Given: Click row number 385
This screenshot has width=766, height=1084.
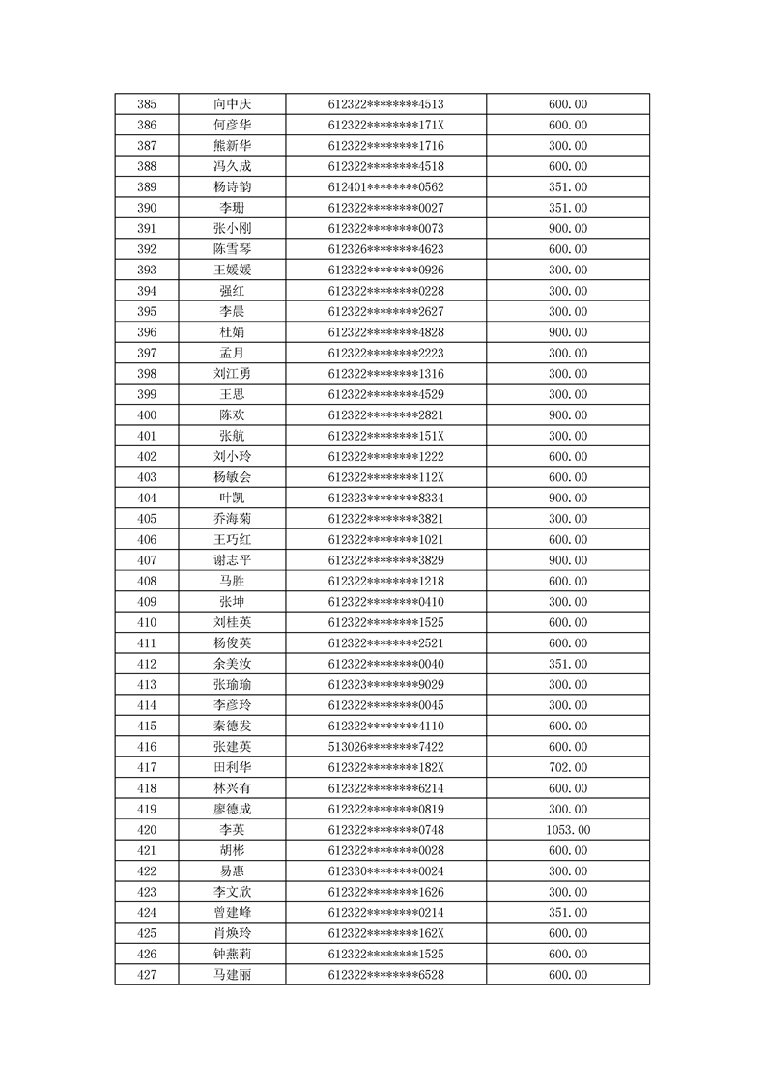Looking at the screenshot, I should click(147, 104).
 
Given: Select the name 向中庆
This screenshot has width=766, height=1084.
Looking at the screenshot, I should click(234, 104).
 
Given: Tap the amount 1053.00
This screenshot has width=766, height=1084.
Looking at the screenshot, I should click(568, 830).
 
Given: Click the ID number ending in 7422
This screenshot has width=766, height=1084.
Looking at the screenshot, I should click(385, 747).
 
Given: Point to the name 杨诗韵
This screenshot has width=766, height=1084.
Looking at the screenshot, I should click(234, 187).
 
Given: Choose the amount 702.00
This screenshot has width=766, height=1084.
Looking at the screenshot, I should click(568, 767).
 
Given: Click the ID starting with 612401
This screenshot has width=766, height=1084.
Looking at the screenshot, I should click(385, 187).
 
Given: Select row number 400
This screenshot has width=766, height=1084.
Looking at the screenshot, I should click(147, 414).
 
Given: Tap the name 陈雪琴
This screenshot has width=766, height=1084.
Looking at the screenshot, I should click(234, 249).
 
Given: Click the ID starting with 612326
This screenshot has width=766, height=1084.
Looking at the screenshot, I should click(385, 249).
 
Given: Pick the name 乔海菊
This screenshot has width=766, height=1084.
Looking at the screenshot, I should click(234, 519).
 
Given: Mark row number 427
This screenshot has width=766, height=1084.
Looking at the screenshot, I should click(147, 975).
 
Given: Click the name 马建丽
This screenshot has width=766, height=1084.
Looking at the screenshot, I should click(234, 975).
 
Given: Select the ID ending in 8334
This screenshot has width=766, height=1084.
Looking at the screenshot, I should click(385, 498).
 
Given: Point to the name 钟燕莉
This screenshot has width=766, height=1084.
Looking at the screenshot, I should click(234, 955).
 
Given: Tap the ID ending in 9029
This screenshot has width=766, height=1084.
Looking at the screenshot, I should click(385, 684).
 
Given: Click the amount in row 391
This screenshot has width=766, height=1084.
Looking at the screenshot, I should click(568, 229).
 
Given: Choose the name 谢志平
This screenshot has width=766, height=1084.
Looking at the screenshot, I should click(234, 560).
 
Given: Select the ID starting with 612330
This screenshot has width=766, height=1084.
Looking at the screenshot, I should click(385, 871).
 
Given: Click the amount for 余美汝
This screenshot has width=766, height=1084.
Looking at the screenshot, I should click(568, 664).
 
